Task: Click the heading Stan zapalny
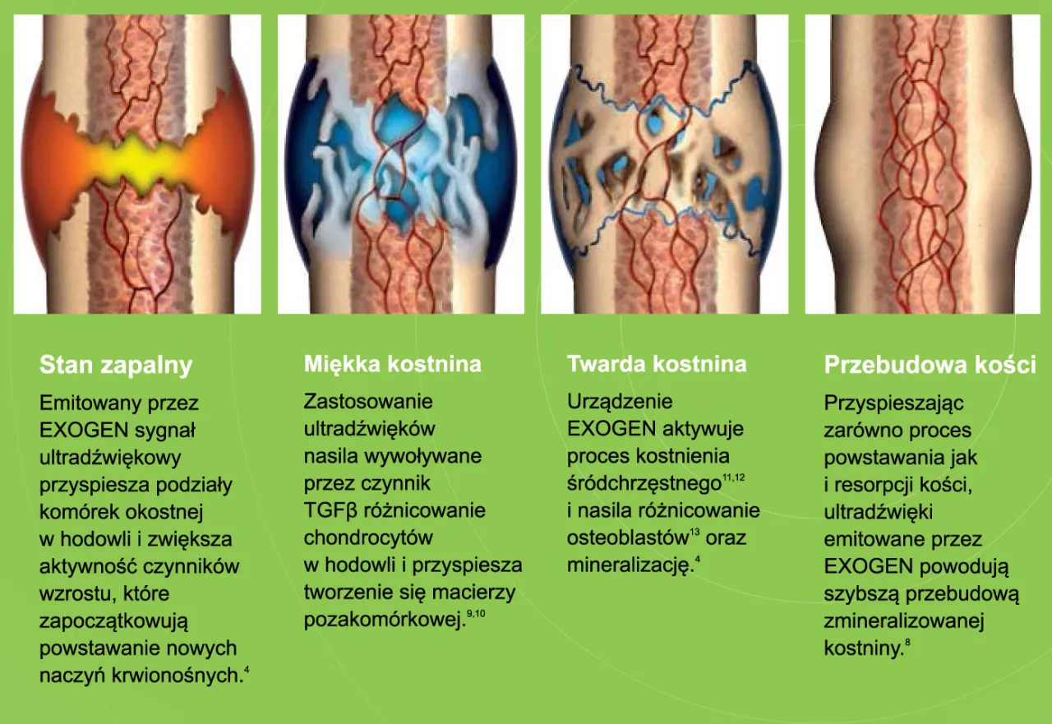coord(116,366)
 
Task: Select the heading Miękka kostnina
coord(393,364)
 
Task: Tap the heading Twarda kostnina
coord(657,364)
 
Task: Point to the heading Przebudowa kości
coord(930,366)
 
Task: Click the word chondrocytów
coord(368,538)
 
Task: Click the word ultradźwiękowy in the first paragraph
coord(110,457)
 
